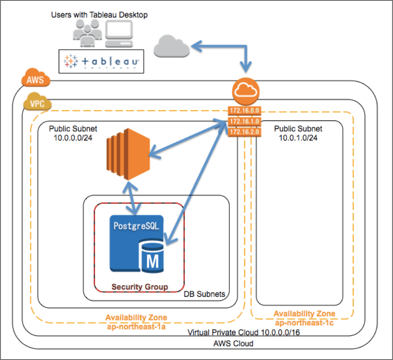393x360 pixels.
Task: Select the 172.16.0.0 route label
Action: coord(244,111)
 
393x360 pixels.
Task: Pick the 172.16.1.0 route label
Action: coord(244,121)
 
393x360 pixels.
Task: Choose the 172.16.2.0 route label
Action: coord(244,132)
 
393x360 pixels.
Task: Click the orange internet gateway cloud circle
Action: coord(246,91)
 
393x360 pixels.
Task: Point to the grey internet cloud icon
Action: coord(171,47)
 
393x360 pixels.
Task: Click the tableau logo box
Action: coord(101,61)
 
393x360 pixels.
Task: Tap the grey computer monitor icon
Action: coord(119,34)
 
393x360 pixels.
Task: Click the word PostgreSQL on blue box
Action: coord(136,226)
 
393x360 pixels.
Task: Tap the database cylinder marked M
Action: coord(152,256)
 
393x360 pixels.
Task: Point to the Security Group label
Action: coord(140,287)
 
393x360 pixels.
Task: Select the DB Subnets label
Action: coord(204,294)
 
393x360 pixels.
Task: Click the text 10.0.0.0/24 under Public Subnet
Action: coord(73,138)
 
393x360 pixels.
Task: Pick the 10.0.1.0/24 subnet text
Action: coord(298,138)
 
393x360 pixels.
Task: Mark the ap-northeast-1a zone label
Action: coord(136,327)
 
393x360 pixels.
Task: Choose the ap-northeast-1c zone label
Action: coord(304,323)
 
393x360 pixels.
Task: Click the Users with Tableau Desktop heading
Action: coord(99,15)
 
